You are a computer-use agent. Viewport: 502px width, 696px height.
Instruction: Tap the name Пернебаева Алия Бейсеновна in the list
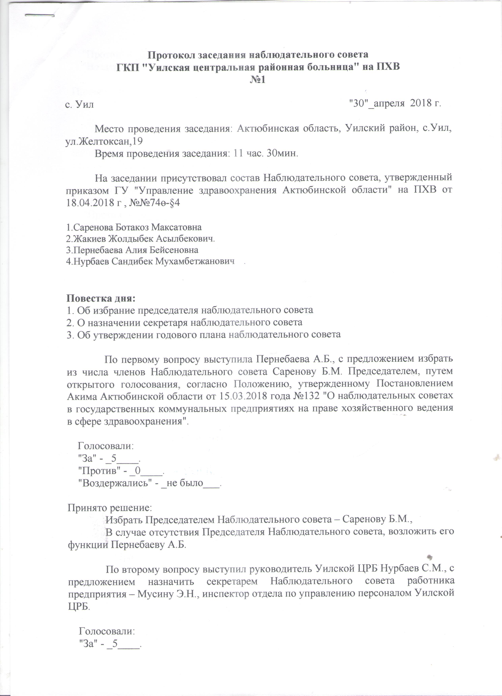tap(132, 250)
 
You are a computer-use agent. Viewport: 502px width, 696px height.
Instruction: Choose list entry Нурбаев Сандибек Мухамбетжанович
tap(151, 261)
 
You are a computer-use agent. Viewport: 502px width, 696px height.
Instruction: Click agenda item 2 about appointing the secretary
tap(184, 322)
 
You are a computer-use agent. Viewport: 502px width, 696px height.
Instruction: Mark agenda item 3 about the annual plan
tap(204, 334)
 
